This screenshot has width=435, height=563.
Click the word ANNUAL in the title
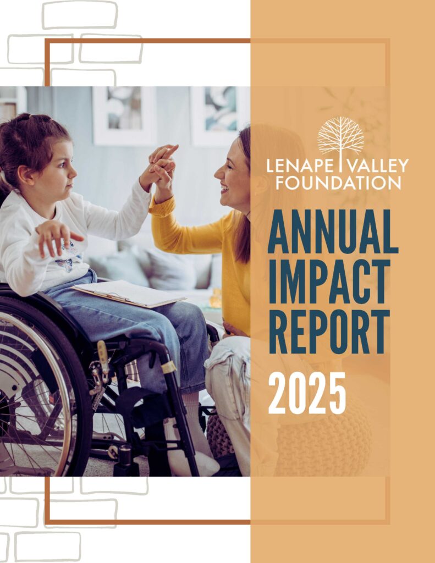(333, 232)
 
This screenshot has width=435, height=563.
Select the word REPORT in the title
(329, 332)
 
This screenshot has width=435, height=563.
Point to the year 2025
(307, 393)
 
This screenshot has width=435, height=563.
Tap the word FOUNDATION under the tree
(338, 183)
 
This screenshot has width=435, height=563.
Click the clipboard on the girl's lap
(128, 294)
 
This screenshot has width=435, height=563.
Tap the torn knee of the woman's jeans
(227, 359)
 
